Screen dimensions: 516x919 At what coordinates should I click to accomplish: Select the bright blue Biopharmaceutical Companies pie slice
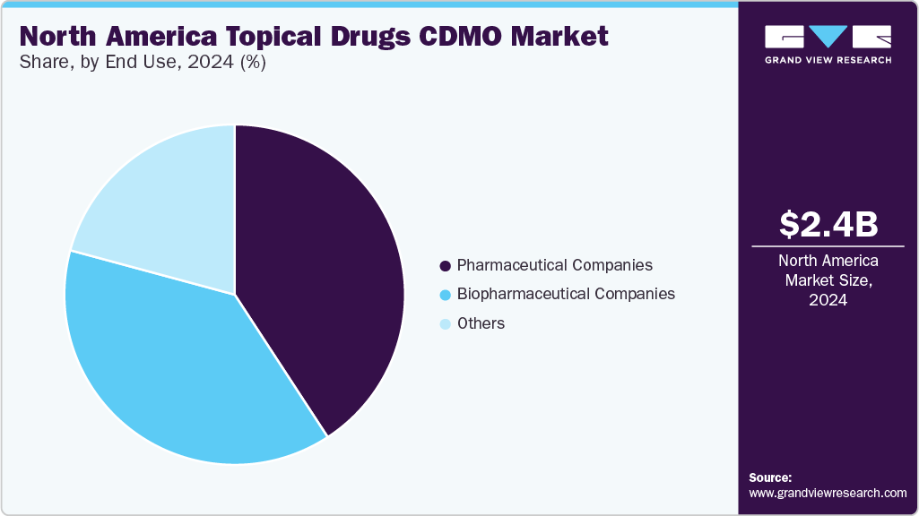pyautogui.click(x=170, y=358)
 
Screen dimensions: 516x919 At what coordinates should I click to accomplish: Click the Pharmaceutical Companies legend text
pyautogui.click(x=554, y=265)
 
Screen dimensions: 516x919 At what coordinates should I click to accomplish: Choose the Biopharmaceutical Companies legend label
pyautogui.click(x=566, y=294)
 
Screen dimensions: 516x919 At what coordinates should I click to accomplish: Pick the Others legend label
pyautogui.click(x=481, y=323)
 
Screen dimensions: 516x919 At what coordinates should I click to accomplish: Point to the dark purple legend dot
pyautogui.click(x=445, y=266)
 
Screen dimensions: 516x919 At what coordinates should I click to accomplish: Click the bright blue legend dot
pyautogui.click(x=445, y=295)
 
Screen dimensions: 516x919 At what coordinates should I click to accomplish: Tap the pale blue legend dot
pyautogui.click(x=445, y=324)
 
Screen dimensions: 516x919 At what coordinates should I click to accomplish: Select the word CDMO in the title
pyautogui.click(x=461, y=37)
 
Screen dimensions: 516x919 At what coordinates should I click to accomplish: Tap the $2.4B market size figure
pyautogui.click(x=828, y=225)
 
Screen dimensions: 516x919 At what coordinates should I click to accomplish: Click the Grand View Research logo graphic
pyautogui.click(x=828, y=37)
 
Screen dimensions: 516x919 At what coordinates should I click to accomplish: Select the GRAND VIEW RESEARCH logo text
pyautogui.click(x=828, y=60)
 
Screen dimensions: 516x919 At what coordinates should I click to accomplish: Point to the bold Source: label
pyautogui.click(x=770, y=478)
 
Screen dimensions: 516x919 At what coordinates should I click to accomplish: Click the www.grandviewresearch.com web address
pyautogui.click(x=828, y=493)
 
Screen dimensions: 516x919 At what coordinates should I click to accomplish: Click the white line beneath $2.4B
pyautogui.click(x=828, y=245)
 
